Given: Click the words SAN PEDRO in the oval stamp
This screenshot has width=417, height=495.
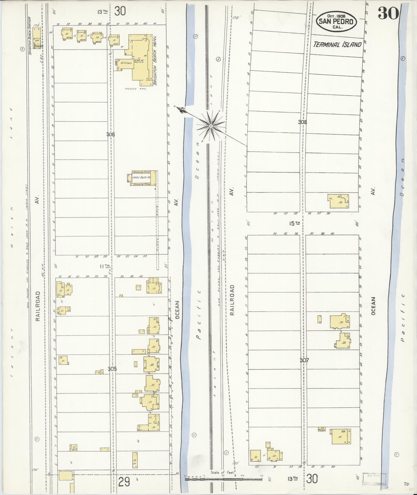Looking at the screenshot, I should pyautogui.click(x=336, y=21).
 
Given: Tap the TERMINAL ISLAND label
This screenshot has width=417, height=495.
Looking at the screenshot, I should pyautogui.click(x=337, y=45).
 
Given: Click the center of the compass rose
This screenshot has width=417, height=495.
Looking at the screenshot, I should pyautogui.click(x=211, y=126).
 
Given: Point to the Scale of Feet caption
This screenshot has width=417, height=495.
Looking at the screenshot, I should pyautogui.click(x=222, y=472).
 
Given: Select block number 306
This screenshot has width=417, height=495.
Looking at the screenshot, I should pyautogui.click(x=110, y=134).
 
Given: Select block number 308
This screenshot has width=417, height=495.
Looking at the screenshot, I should pyautogui.click(x=302, y=122).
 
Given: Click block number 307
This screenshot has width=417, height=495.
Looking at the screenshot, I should pyautogui.click(x=304, y=360).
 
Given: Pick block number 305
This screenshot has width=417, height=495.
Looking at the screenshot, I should pyautogui.click(x=112, y=369).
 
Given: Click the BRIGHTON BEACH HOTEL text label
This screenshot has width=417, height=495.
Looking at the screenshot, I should pyautogui.click(x=155, y=61).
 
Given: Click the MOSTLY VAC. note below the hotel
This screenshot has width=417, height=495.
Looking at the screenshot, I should pyautogui.click(x=136, y=89).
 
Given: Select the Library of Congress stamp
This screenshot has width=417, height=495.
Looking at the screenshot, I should pyautogui.click(x=374, y=479).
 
